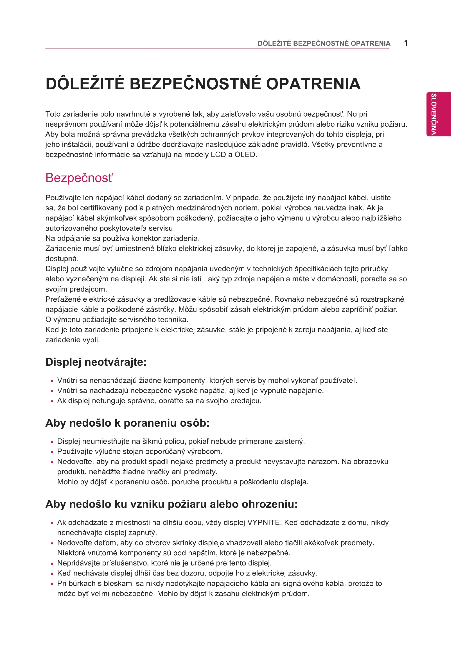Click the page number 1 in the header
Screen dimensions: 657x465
[x=406, y=44]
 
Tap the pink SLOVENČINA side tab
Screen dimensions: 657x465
[x=438, y=114]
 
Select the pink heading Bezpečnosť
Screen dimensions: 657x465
[x=79, y=178]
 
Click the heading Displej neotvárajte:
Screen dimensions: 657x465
[x=96, y=362]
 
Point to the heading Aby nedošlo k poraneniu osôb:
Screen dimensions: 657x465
[x=127, y=423]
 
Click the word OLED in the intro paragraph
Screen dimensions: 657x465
[x=245, y=155]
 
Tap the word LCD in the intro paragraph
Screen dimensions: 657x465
[x=218, y=155]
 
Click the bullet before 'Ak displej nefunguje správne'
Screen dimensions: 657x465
[x=52, y=401]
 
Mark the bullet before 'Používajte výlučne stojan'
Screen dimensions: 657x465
[x=52, y=453]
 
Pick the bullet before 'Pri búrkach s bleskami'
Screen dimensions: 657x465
[x=52, y=584]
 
